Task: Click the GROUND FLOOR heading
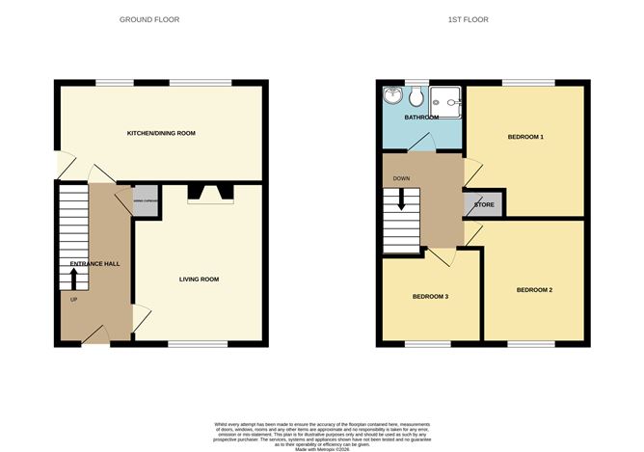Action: click(x=148, y=19)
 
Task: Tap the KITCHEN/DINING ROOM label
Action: click(x=162, y=133)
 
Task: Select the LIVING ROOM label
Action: click(x=199, y=279)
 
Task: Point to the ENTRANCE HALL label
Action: click(x=94, y=263)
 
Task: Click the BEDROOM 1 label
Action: click(x=525, y=137)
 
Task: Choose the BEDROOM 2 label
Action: click(x=534, y=289)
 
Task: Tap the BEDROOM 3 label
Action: click(x=430, y=296)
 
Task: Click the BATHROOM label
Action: click(x=421, y=118)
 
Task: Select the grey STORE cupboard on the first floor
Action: click(x=484, y=204)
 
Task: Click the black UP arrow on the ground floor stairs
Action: click(x=73, y=278)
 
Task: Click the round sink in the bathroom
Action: click(x=392, y=96)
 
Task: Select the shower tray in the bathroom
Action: click(x=445, y=98)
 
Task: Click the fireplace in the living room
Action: click(x=209, y=194)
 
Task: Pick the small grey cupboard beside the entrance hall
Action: click(x=146, y=200)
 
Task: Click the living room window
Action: click(x=198, y=344)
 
